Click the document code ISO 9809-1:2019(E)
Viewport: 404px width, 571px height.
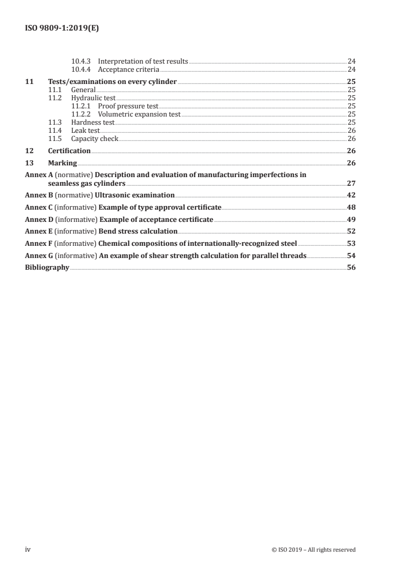click(62, 29)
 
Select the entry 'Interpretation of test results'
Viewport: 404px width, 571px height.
click(143, 61)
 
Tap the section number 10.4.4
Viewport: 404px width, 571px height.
click(82, 69)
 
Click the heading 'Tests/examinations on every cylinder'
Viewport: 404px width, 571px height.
click(113, 81)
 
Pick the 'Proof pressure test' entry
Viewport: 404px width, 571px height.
click(128, 106)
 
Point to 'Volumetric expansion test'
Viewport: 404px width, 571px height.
click(139, 114)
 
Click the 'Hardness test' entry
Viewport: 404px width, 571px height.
click(93, 122)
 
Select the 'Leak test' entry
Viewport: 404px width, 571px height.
click(85, 130)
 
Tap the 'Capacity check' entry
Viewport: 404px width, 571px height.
click(94, 138)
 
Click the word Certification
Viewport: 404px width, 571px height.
click(69, 151)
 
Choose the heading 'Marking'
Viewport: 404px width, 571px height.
click(62, 163)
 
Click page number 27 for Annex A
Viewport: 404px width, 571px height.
click(351, 183)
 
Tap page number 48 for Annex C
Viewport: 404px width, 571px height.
click(351, 207)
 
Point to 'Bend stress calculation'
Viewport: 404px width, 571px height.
click(138, 232)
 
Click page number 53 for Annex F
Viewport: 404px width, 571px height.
click(351, 244)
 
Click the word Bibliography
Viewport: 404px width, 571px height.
click(47, 268)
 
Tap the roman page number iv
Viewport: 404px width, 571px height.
click(29, 549)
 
